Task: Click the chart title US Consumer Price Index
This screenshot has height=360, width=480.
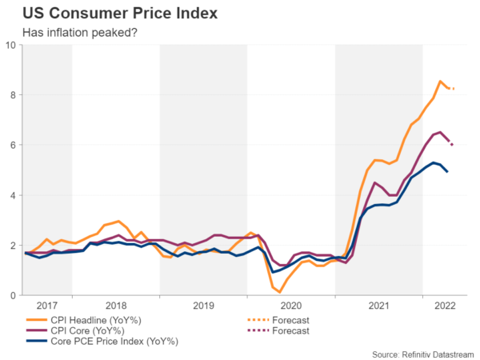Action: [x=108, y=14]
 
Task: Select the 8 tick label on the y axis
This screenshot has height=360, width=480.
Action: [x=14, y=95]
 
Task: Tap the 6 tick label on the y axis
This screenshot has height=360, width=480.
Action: [x=14, y=145]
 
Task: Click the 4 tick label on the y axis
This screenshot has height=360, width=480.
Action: [x=14, y=195]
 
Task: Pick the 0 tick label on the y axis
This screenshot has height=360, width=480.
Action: [x=14, y=295]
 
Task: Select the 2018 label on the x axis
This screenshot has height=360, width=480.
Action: [x=117, y=306]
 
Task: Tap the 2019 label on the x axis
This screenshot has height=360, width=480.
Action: [x=204, y=306]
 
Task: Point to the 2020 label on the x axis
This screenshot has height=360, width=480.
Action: [x=292, y=306]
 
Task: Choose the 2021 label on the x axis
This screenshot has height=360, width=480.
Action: [x=380, y=306]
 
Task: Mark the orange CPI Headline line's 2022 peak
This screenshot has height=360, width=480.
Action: [x=440, y=82]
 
